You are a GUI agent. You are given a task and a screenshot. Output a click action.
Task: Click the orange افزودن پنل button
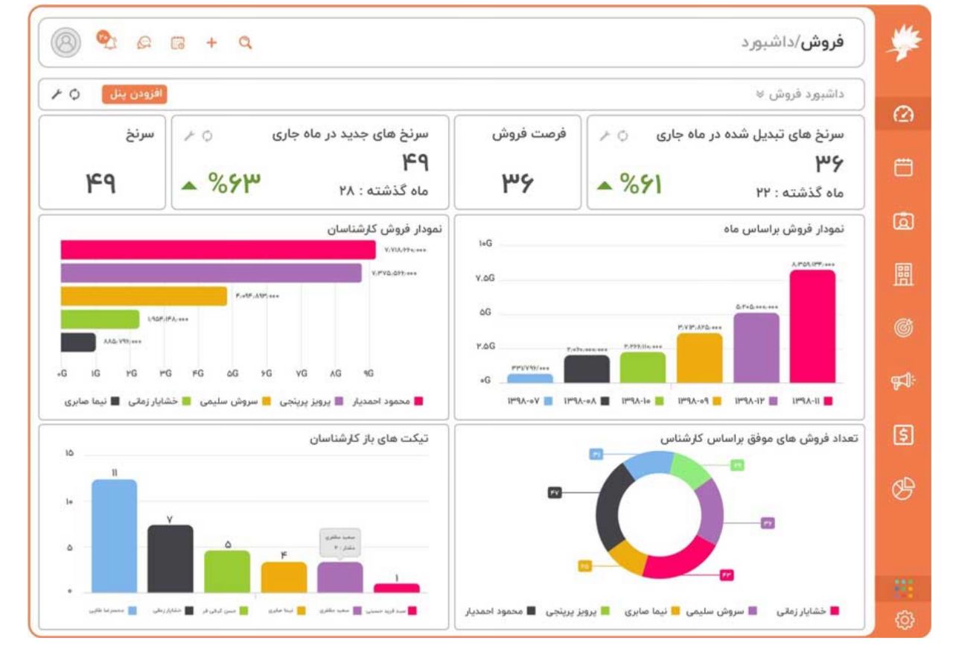134,95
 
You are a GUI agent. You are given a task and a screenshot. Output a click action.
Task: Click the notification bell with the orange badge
109,42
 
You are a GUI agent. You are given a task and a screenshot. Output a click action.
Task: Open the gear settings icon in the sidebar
905,619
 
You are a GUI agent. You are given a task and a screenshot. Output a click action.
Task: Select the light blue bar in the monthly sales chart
529,379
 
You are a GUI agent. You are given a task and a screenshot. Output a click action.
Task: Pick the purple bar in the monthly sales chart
756,347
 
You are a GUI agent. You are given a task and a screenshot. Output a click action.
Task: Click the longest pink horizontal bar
217,250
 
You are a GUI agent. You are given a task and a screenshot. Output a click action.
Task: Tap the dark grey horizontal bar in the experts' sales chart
78,342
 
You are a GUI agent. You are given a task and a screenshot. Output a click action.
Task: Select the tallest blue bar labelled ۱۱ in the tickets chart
114,536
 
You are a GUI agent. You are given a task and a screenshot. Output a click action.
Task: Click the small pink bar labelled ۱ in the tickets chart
396,588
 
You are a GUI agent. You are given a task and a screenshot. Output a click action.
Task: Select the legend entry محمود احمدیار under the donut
495,612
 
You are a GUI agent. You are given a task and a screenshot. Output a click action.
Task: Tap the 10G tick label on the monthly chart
485,244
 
